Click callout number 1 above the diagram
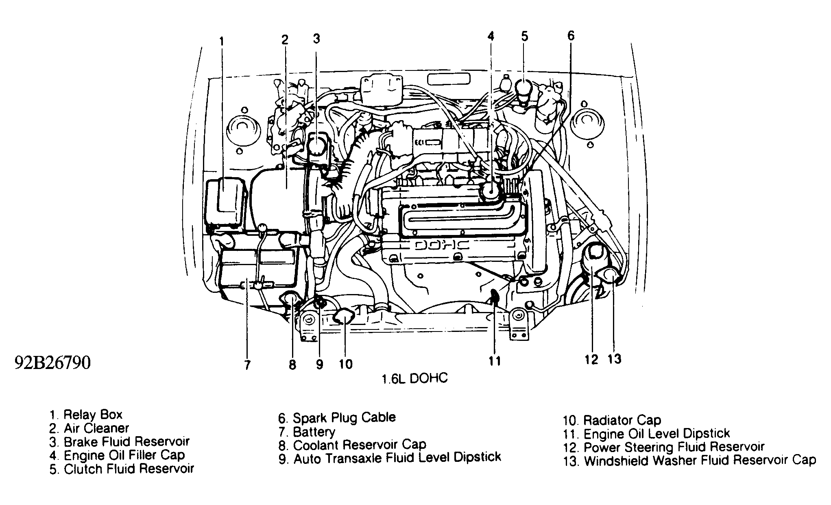tap(221, 42)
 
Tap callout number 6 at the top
tap(571, 36)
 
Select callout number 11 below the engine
tap(495, 361)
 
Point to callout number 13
tap(615, 359)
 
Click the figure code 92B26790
tap(52, 362)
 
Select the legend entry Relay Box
tap(86, 415)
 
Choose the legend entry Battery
tap(307, 431)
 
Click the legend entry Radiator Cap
tap(612, 420)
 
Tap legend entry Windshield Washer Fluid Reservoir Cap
tap(689, 461)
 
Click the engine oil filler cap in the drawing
tap(491, 191)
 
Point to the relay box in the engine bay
tap(225, 202)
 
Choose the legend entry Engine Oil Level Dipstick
tap(646, 433)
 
